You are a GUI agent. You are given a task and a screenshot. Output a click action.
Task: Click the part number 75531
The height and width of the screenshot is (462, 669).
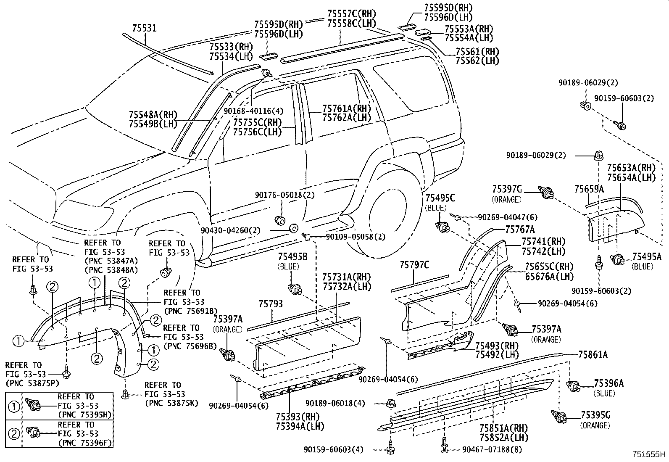[144, 28]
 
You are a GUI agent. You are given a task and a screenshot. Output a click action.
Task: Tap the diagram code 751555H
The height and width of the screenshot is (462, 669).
[650, 454]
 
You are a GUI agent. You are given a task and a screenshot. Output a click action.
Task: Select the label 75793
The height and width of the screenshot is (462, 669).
[271, 304]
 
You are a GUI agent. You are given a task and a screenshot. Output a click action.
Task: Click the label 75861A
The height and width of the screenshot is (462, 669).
[593, 355]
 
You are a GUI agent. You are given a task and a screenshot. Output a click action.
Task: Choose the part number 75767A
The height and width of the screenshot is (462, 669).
[520, 229]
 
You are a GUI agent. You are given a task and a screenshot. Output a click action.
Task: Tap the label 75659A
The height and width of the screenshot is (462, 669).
[589, 189]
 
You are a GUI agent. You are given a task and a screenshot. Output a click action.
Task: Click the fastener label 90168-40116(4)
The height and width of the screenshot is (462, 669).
[253, 111]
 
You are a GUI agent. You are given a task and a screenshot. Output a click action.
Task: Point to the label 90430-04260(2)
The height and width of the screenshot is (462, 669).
[230, 230]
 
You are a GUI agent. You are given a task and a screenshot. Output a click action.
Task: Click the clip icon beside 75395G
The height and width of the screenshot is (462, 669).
[559, 417]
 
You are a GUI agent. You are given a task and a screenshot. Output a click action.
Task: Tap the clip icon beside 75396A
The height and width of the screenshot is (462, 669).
[573, 385]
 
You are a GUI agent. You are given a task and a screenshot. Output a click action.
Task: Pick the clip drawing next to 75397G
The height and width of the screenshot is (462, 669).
[545, 193]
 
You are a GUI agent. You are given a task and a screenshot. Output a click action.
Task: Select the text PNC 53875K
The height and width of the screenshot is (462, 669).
[165, 403]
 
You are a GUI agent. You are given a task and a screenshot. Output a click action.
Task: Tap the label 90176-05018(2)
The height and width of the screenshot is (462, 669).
[284, 195]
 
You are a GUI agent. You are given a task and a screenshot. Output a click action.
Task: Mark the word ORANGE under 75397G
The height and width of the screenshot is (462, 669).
[506, 200]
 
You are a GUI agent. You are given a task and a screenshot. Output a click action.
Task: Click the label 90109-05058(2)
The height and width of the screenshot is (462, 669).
[356, 237]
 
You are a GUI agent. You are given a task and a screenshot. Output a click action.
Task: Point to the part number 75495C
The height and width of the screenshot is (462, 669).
[440, 198]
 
